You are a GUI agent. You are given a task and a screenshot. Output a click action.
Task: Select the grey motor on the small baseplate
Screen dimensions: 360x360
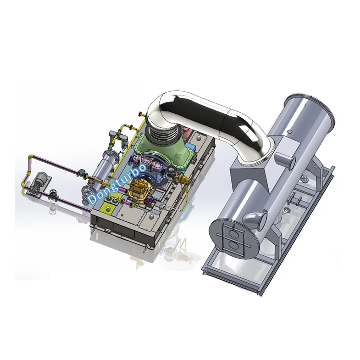point(42,178)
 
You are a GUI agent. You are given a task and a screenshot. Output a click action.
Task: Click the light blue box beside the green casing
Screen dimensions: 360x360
point(191,146)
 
